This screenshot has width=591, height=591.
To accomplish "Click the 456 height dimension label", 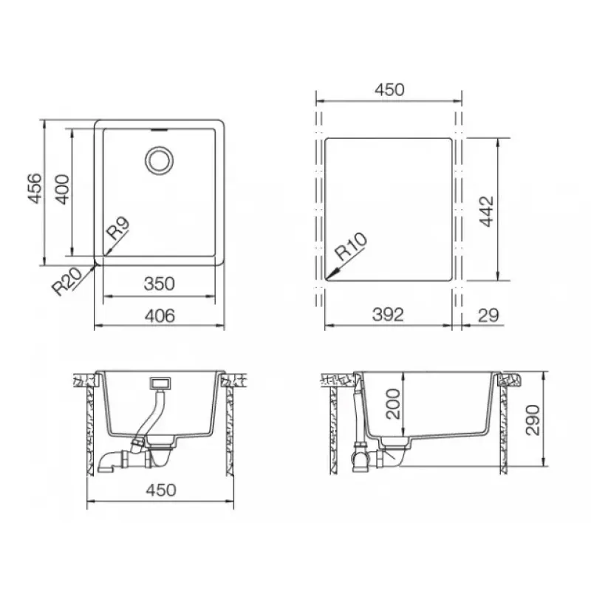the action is (35, 188).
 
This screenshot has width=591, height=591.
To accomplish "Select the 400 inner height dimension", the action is (63, 189).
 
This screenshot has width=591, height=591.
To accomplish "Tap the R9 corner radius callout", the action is (118, 228).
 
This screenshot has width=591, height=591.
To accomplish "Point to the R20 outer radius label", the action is (66, 281).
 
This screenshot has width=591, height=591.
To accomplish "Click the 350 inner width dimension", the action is (159, 284).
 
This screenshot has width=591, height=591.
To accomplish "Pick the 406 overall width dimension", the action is (160, 316).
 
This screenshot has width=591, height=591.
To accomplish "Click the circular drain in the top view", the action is (160, 161).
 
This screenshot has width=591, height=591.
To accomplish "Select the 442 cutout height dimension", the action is (486, 211).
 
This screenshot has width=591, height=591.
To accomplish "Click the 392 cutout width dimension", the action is (388, 315).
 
